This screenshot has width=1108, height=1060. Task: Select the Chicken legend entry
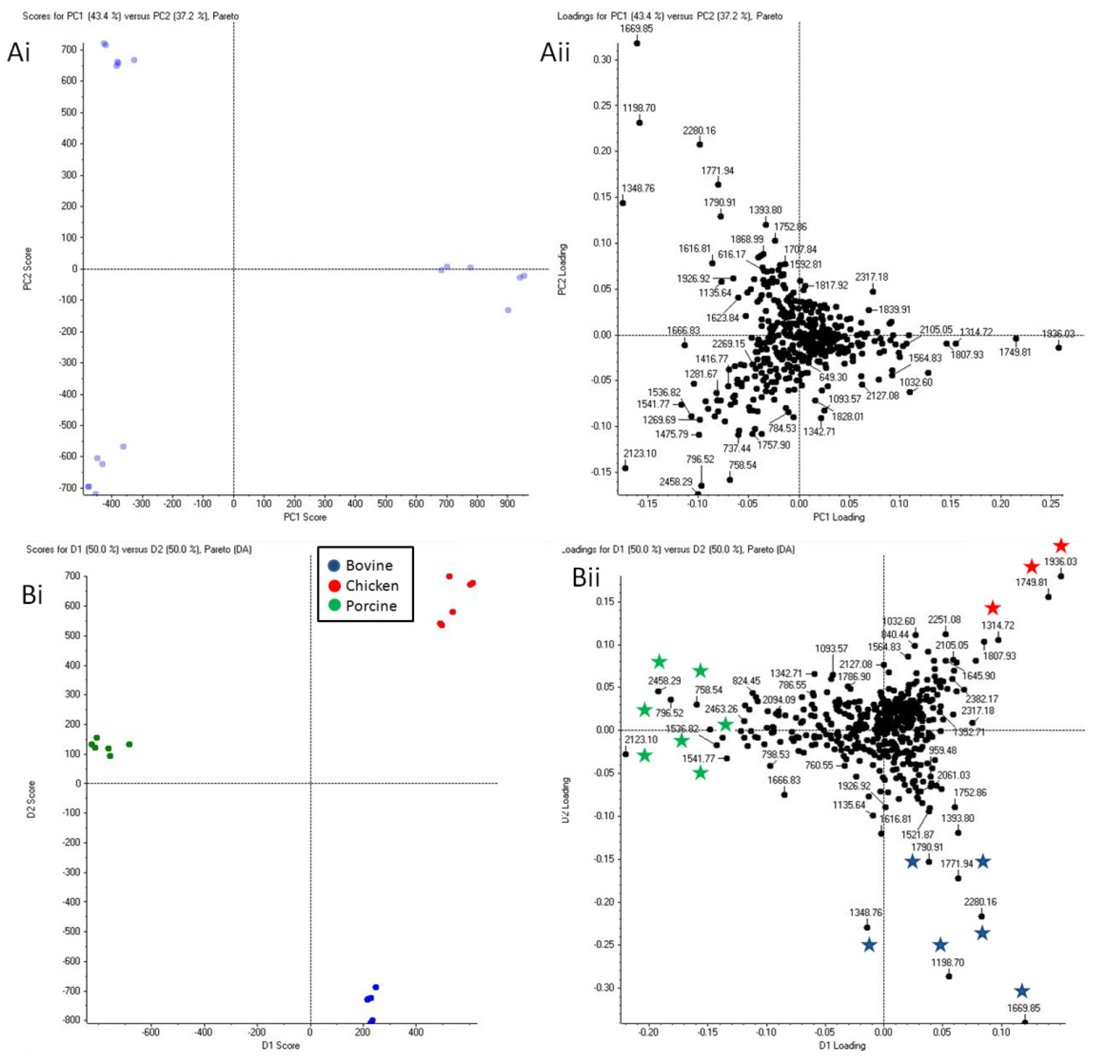[372, 586]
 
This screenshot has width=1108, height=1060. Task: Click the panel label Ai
[18, 53]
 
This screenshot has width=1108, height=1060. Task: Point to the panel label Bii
[586, 577]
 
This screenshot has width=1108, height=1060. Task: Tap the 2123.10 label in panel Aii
[640, 454]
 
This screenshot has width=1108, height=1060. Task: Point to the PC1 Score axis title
[305, 517]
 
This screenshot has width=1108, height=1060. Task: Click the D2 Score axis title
[31, 800]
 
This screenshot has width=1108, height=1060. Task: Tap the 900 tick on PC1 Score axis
[507, 503]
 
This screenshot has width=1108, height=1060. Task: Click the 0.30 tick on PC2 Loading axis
[602, 60]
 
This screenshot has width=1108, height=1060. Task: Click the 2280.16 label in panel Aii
[699, 130]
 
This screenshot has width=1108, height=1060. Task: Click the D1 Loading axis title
[842, 1045]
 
